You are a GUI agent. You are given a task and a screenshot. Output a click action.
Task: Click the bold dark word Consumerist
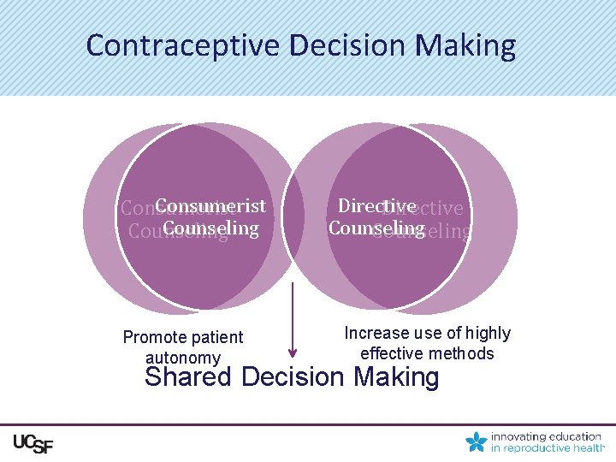tap(210, 206)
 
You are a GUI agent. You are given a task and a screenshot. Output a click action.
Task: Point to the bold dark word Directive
tap(376, 206)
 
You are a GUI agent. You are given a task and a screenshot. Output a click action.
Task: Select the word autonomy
tap(183, 358)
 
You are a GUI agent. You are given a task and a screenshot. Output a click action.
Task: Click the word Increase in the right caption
tap(377, 334)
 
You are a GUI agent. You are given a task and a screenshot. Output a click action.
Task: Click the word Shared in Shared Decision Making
tap(191, 377)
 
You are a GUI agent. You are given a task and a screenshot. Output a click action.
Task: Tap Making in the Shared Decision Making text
tap(397, 377)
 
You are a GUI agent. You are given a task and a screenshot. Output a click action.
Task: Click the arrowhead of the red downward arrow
tap(293, 351)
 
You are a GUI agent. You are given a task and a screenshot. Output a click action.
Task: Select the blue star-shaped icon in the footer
tap(476, 441)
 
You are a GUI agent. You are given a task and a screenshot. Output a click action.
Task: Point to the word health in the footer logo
tap(590, 447)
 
